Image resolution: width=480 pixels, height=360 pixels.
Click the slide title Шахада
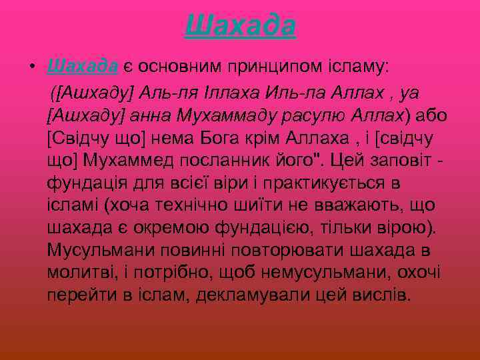pos(240,26)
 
